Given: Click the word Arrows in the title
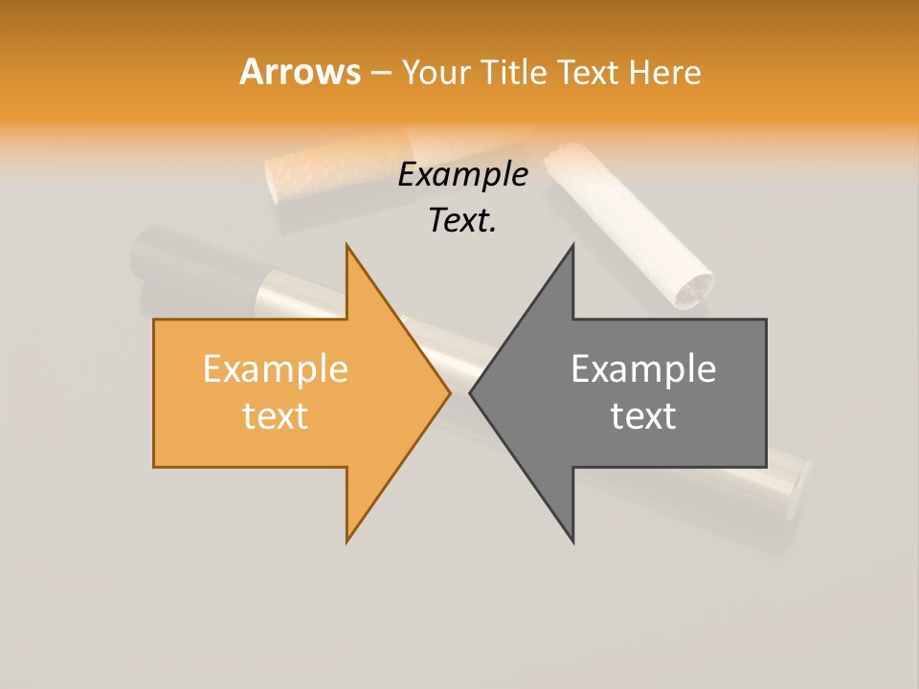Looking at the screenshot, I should (301, 72).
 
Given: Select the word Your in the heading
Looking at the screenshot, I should (436, 73).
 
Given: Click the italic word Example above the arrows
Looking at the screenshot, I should (462, 175).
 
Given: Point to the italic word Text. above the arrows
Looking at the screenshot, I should (462, 221).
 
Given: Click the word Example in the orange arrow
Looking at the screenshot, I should (275, 368).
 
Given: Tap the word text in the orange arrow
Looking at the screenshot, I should (275, 415).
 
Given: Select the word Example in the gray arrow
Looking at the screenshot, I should (643, 368).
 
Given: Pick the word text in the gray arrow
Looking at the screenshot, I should (643, 415).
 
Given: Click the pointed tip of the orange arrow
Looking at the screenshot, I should (449, 392).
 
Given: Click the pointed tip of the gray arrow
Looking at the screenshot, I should (471, 392).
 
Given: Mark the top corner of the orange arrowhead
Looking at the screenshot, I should (347, 246).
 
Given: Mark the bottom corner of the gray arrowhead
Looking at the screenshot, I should (572, 541).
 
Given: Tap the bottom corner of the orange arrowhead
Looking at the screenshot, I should (347, 541).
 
